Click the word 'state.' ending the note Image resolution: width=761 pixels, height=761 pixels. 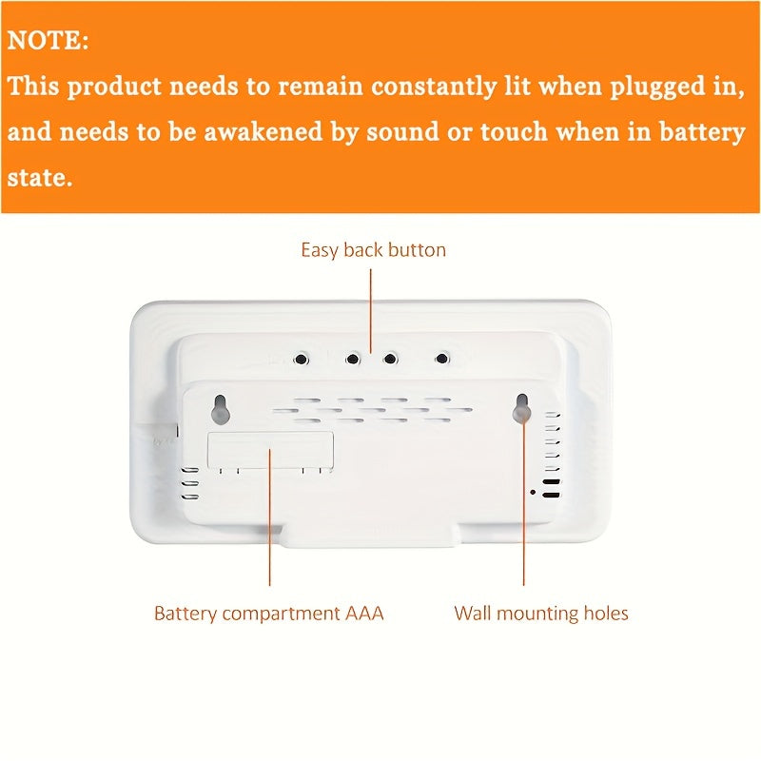pyautogui.click(x=39, y=177)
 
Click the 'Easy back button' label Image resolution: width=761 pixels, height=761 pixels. pyautogui.click(x=373, y=250)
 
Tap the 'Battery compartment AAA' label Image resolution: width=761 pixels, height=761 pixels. pyautogui.click(x=269, y=614)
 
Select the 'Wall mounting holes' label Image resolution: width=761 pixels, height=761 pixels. pyautogui.click(x=541, y=614)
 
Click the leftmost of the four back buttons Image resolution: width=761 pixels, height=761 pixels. pyautogui.click(x=302, y=360)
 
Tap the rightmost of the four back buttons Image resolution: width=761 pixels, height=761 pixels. pyautogui.click(x=441, y=359)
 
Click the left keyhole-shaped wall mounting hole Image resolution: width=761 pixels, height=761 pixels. pyautogui.click(x=220, y=408)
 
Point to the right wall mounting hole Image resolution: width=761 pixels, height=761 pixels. pyautogui.click(x=522, y=407)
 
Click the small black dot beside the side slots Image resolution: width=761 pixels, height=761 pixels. pyautogui.click(x=532, y=492)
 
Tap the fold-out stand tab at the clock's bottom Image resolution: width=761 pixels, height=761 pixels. pyautogui.click(x=380, y=535)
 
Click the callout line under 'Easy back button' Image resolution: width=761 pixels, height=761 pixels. pyautogui.click(x=371, y=304)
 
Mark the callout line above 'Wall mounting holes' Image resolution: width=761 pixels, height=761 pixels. pyautogui.click(x=523, y=533)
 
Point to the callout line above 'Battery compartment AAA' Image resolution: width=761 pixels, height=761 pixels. pyautogui.click(x=269, y=533)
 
